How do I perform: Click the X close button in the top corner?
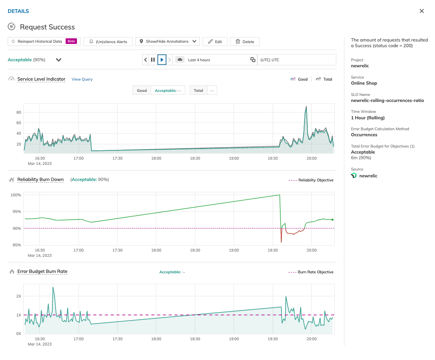point(422,11)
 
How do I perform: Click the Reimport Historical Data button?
point(37,42)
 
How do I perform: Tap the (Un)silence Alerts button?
point(108,42)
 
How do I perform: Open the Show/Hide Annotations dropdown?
point(167,42)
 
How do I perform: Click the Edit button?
point(215,42)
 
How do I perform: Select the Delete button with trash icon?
point(245,42)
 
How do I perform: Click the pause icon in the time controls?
point(153,60)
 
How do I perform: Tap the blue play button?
point(162,60)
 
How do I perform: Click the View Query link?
point(82,79)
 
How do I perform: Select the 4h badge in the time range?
point(180,60)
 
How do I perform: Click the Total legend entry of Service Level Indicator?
point(324,79)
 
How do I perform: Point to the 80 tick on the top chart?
point(19,112)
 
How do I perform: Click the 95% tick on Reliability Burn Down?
point(16,212)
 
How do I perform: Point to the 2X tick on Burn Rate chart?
point(19,296)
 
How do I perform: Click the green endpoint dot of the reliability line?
point(332,220)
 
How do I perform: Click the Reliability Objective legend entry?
point(311,180)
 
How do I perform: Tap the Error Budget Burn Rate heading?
point(42,271)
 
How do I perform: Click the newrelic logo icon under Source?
point(354,176)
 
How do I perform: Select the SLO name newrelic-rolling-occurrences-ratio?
point(387,100)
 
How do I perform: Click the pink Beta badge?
point(72,42)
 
